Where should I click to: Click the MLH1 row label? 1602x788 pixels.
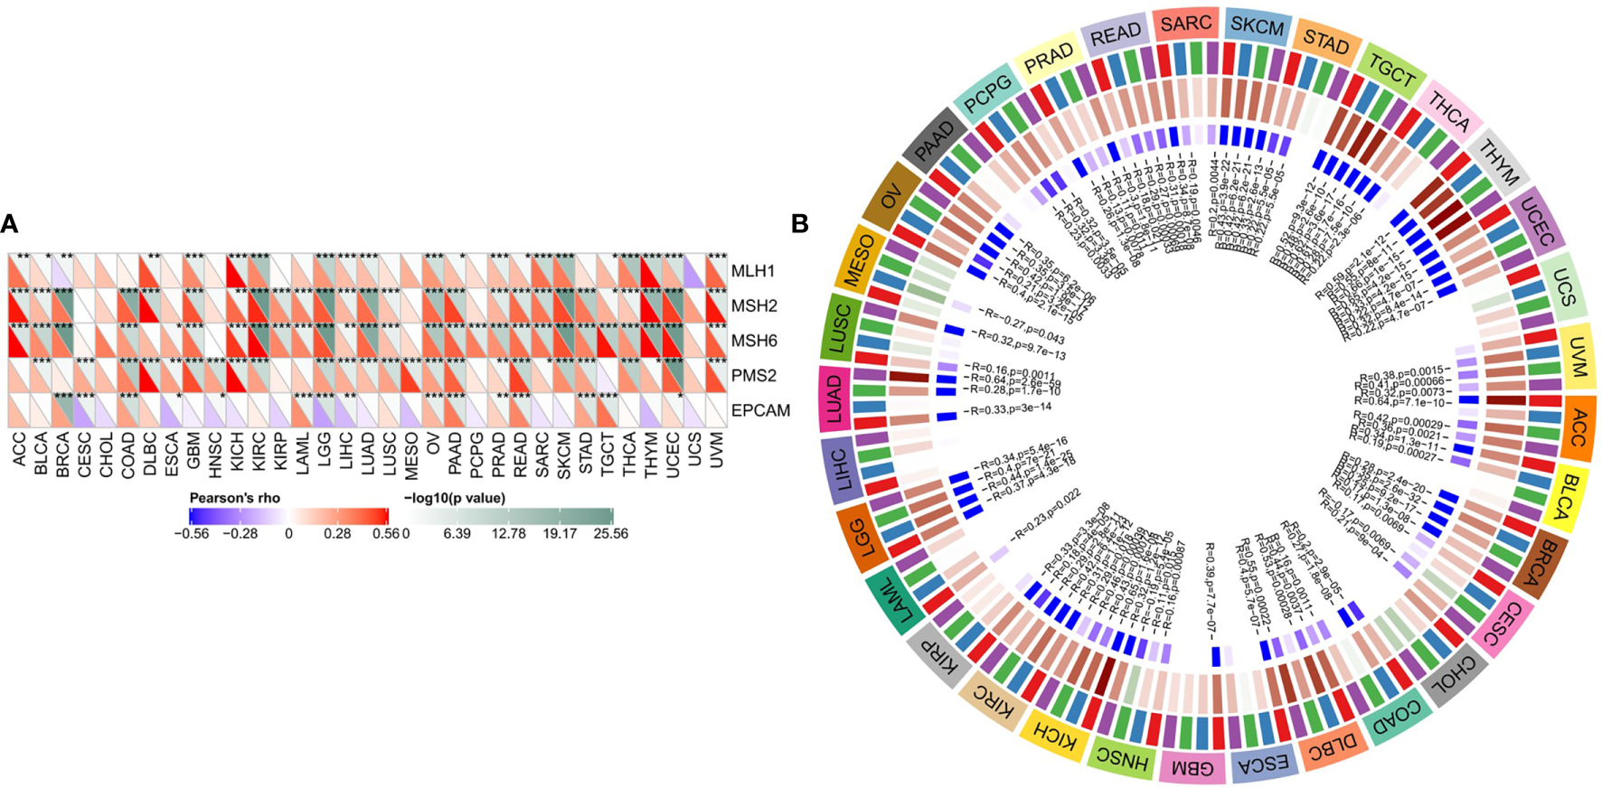pyautogui.click(x=752, y=271)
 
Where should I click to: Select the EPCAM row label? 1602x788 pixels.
pyautogui.click(x=760, y=410)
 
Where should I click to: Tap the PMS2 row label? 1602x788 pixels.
pyautogui.click(x=754, y=375)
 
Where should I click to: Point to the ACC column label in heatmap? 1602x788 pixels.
pyautogui.click(x=20, y=448)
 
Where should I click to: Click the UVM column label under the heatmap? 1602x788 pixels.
pyautogui.click(x=717, y=448)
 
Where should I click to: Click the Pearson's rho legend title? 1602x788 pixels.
pyautogui.click(x=235, y=498)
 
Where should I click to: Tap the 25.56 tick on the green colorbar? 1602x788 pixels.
pyautogui.click(x=610, y=533)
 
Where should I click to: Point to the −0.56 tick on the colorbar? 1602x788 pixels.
pyautogui.click(x=191, y=533)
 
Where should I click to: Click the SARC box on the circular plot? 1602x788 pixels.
pyautogui.click(x=1185, y=23)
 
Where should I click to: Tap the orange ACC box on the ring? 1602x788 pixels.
pyautogui.click(x=1576, y=427)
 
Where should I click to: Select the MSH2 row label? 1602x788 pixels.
pyautogui.click(x=754, y=305)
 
